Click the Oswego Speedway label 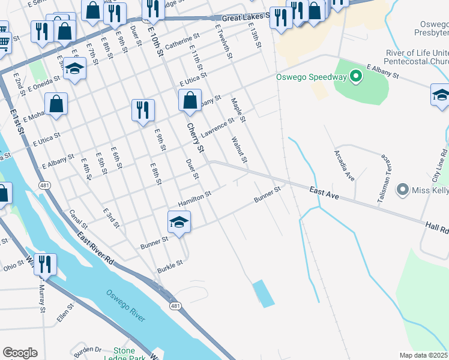tap(312, 77)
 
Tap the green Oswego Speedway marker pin tap(356, 76)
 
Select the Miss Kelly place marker tap(403, 190)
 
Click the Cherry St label tap(196, 137)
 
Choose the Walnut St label tap(239, 149)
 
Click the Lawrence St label tap(217, 127)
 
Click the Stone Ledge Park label tap(132, 354)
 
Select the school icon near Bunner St tap(179, 222)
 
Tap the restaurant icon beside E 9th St tap(143, 110)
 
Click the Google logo tap(20, 353)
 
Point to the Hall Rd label tap(437, 227)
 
